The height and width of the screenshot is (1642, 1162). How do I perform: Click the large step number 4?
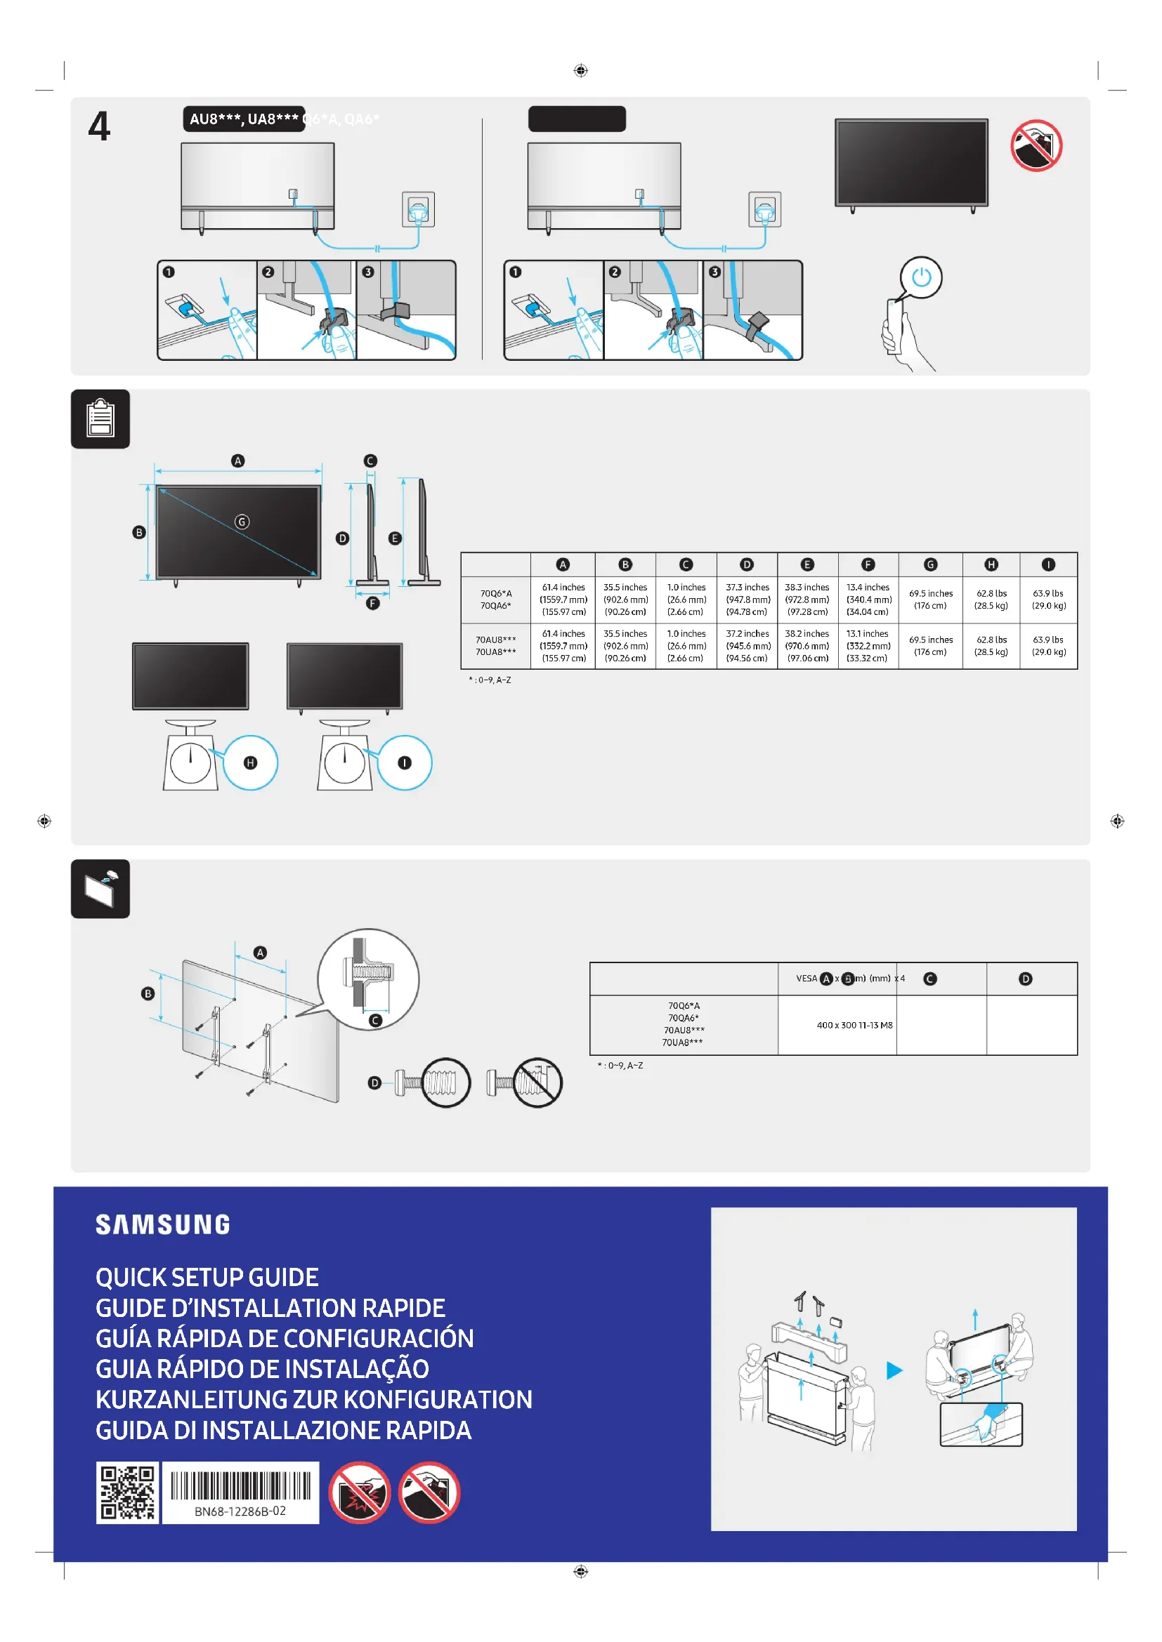click(100, 126)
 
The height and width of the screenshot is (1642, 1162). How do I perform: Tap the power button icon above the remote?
click(921, 277)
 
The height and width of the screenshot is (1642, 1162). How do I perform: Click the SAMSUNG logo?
click(163, 1224)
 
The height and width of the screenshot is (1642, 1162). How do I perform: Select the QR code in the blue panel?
click(127, 1492)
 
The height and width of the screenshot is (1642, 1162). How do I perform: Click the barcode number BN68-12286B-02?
click(240, 1511)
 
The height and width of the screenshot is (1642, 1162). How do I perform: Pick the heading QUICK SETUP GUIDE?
click(207, 1277)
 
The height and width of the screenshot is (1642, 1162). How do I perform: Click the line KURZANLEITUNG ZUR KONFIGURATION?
click(313, 1400)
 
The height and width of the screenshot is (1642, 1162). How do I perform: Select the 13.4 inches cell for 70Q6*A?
click(868, 600)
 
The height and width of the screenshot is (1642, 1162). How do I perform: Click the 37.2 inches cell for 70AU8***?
click(747, 646)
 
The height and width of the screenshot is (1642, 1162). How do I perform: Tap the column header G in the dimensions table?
click(930, 565)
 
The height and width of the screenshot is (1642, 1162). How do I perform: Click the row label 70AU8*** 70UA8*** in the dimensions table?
click(496, 646)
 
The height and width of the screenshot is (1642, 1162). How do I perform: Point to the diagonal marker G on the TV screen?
click(242, 522)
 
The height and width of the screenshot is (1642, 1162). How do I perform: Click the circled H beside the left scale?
click(250, 763)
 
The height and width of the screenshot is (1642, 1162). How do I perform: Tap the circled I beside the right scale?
click(405, 763)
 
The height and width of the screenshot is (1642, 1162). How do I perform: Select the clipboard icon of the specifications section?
click(100, 419)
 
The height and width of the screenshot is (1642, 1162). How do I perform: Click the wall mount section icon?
click(100, 889)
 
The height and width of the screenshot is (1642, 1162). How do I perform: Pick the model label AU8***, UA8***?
click(244, 119)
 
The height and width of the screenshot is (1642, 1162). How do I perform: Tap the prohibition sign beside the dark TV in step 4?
click(1036, 145)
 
